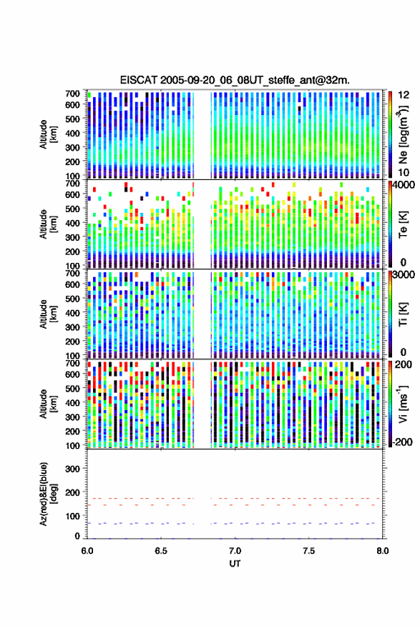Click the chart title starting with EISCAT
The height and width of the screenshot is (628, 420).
click(x=235, y=80)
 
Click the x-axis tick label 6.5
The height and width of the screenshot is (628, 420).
click(x=161, y=551)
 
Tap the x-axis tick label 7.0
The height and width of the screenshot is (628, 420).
click(x=235, y=551)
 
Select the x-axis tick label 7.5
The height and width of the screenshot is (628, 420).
click(x=309, y=551)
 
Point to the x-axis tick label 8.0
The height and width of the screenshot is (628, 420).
click(x=383, y=551)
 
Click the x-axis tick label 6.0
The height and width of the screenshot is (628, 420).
click(x=87, y=551)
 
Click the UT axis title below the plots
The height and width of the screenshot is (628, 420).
click(x=235, y=564)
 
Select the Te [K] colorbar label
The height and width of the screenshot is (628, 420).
click(x=403, y=224)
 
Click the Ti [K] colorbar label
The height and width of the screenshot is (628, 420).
click(x=403, y=314)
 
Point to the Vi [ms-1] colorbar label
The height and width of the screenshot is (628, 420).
click(x=403, y=404)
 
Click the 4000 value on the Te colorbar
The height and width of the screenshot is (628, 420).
click(x=404, y=185)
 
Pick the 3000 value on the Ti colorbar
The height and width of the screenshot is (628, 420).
click(x=404, y=275)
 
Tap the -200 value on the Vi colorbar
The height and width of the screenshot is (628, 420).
click(x=402, y=442)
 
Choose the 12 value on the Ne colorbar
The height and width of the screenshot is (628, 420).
click(x=404, y=95)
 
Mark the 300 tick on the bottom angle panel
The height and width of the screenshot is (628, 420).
click(x=72, y=469)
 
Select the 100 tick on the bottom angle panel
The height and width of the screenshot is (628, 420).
click(x=72, y=516)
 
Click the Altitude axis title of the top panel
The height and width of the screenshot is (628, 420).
click(x=48, y=134)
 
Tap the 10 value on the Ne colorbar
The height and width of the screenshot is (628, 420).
click(x=404, y=172)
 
